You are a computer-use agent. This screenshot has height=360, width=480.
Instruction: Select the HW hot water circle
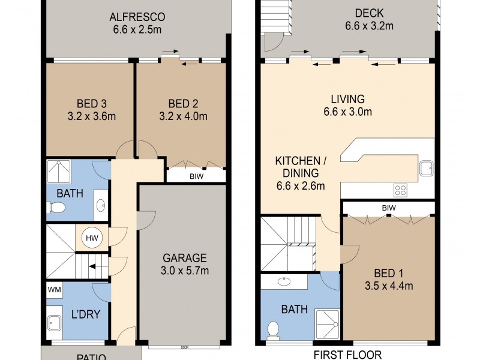coord(92,238)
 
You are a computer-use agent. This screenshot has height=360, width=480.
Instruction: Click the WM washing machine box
coord(54,290)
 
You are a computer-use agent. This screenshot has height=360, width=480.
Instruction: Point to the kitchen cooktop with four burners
coord(400,190)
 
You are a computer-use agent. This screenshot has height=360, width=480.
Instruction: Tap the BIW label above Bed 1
coord(388,208)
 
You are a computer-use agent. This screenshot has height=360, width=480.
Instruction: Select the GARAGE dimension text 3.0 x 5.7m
coord(185,271)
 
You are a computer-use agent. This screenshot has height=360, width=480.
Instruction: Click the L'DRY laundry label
coord(86,313)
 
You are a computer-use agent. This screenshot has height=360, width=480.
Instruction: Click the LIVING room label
coord(347,99)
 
